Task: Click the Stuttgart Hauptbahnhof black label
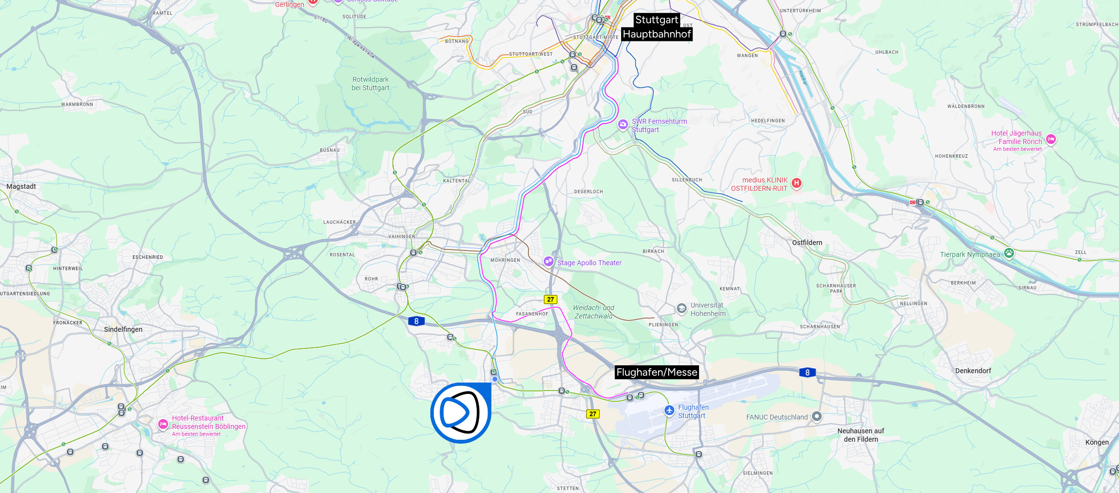[657, 27]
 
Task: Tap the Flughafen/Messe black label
[657, 372]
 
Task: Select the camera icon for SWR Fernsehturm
[623, 124]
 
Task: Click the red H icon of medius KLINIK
[796, 183]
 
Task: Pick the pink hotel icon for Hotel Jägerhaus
[1050, 140]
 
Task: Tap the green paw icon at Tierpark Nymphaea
[1009, 253]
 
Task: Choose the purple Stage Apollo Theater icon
[548, 262]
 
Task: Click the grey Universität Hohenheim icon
[681, 309]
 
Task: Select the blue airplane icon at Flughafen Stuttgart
[669, 410]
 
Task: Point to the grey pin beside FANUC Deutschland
[816, 417]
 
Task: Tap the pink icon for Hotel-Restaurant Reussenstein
[163, 424]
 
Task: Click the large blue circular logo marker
[460, 412]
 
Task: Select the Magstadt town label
[21, 186]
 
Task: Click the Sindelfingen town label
[123, 329]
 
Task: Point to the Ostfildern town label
[807, 243]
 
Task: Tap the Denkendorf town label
[973, 371]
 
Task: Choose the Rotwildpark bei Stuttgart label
[370, 84]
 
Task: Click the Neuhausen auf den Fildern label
[861, 435]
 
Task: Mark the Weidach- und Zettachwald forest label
[594, 312]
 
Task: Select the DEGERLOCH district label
[588, 192]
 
